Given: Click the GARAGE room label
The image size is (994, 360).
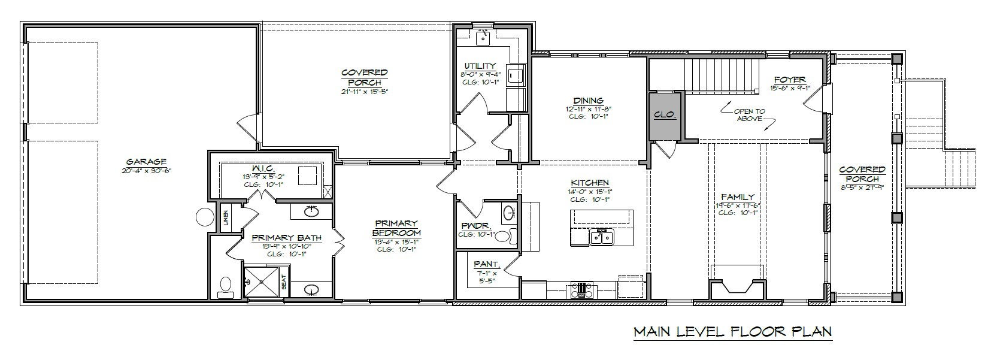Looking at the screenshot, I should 146,161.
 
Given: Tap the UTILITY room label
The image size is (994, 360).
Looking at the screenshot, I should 480,66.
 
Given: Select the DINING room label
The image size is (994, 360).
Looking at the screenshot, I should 589,101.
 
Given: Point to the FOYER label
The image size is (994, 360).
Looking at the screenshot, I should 790,79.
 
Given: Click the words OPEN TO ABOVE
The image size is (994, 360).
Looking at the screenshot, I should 749,115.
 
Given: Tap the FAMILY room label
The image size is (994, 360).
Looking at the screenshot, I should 738,196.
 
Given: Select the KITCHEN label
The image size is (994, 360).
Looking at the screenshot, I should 590,183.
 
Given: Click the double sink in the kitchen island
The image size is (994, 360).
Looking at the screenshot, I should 601,237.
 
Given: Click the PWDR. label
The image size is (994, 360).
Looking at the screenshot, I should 477,225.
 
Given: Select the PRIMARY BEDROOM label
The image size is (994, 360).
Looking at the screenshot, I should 396,228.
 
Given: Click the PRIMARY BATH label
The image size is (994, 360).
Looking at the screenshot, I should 286,237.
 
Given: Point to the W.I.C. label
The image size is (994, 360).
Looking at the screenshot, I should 263,168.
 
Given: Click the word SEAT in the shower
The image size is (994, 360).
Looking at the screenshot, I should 284,288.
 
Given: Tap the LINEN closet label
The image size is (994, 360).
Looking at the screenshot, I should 226,218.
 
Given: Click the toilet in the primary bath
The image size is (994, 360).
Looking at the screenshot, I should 226,286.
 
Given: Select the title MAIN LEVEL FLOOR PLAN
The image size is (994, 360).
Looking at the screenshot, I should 732,331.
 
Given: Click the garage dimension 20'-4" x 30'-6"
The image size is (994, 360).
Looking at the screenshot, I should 146,171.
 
